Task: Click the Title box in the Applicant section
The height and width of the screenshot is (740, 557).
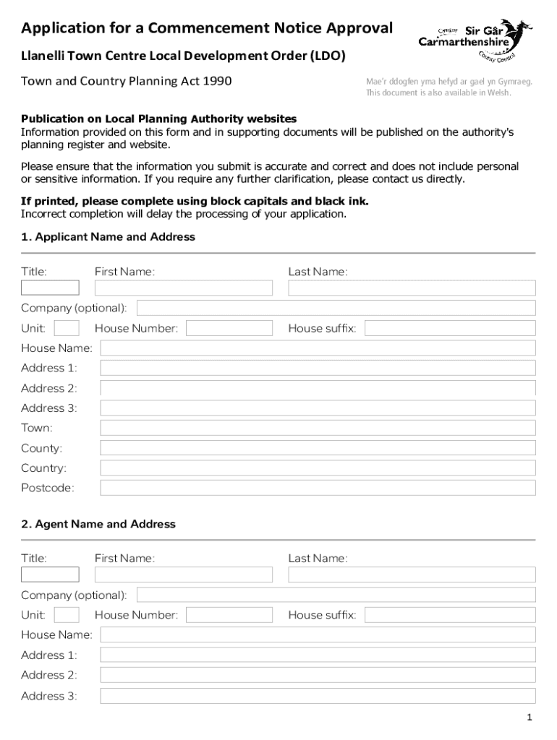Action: point(50,288)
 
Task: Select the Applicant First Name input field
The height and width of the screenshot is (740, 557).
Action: point(183,288)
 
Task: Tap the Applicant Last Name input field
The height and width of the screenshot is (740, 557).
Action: point(412,288)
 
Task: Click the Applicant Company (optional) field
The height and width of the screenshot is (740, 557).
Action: point(336,308)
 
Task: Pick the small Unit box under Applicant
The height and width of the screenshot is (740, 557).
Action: point(67,328)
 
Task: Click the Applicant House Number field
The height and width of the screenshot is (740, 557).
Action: point(229,329)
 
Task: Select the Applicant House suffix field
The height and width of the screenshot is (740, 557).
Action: point(450,329)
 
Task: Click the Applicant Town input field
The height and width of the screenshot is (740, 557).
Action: point(318,428)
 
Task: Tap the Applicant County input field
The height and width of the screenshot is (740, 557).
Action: point(318,448)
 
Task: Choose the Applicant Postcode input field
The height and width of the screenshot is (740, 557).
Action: point(318,488)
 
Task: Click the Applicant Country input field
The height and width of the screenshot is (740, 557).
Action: point(318,468)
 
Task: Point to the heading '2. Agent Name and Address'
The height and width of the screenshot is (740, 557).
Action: point(98,524)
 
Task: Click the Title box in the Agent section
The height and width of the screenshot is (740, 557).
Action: point(50,575)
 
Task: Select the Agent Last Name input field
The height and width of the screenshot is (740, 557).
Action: point(412,575)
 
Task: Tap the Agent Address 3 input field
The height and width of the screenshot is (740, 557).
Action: point(318,696)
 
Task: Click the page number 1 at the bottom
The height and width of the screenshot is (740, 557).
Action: point(530,718)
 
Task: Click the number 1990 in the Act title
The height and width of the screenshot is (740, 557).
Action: point(217,81)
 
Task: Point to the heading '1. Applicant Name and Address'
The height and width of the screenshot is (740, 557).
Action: point(108,237)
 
